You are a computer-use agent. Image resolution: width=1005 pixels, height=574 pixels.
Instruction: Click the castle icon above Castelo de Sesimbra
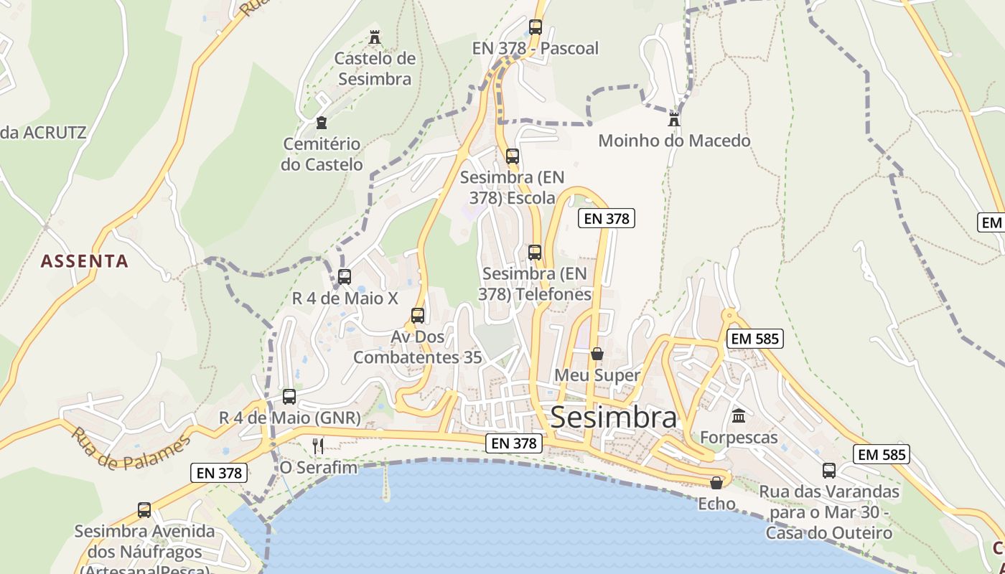374,37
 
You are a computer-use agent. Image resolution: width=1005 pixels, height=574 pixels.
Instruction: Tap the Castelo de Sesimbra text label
375,68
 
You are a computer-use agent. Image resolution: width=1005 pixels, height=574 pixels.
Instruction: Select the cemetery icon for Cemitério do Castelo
322,123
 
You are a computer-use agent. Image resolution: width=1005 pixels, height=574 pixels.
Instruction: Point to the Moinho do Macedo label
674,141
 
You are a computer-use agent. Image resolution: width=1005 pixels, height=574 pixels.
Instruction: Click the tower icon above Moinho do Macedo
673,118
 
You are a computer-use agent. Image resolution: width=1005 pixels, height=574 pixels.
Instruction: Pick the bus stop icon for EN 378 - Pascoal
535,27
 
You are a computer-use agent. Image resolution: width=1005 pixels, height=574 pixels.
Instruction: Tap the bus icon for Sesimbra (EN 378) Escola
512,156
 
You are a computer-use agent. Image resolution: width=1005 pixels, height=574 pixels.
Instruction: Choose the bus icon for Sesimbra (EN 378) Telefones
535,252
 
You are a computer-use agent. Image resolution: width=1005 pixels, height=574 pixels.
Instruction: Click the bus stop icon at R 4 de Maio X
345,276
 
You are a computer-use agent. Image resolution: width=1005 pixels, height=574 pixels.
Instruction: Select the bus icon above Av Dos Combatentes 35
417,315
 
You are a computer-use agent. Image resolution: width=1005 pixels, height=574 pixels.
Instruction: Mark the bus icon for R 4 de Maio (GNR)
289,396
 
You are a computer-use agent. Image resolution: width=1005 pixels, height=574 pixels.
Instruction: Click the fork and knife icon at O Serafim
318,446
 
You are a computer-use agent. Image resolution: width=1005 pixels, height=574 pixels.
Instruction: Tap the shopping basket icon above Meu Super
597,354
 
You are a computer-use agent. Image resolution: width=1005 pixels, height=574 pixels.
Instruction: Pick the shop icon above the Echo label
716,483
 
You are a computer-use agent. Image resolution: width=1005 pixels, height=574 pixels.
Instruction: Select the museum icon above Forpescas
738,415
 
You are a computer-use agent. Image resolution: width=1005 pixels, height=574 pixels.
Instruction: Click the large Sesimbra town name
613,418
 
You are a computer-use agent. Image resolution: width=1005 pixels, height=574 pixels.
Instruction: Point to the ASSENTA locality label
85,261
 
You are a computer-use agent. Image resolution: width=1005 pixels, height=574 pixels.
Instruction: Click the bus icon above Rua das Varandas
829,470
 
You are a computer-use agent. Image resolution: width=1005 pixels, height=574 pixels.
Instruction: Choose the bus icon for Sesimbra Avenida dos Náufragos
144,509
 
